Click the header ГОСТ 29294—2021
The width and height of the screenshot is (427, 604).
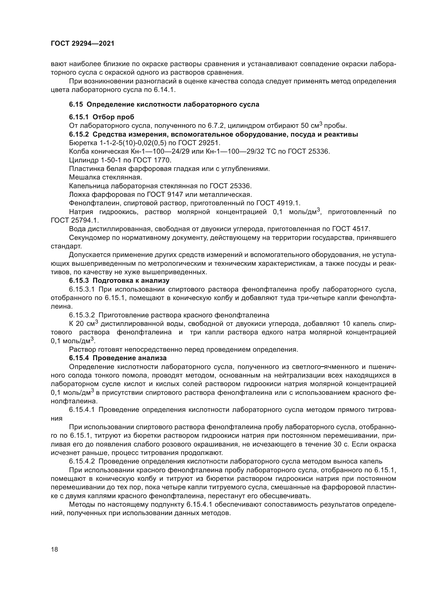[83, 43]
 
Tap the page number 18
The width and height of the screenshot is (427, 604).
[54, 549]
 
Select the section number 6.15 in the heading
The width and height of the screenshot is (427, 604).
[76, 104]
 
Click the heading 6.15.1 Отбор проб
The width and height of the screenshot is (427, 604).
[101, 117]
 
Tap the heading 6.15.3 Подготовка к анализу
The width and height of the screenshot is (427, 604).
[119, 280]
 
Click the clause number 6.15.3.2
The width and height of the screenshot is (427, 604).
[82, 315]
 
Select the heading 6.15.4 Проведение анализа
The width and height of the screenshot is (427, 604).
[118, 358]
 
